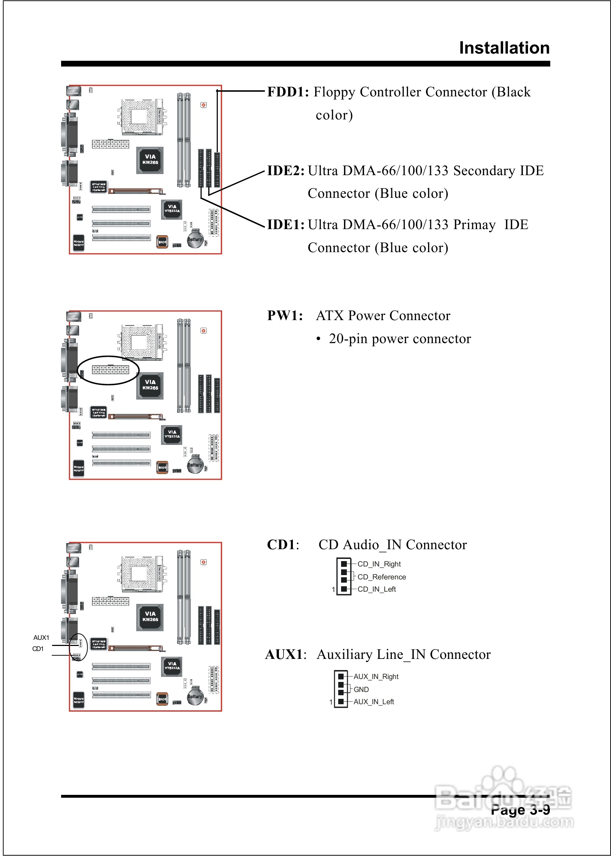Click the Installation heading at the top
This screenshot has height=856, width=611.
[x=504, y=48]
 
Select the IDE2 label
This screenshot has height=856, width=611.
[x=286, y=171]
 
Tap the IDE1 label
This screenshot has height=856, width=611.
[x=286, y=225]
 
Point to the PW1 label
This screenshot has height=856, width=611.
[x=285, y=316]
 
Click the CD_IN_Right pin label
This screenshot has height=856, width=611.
[x=379, y=564]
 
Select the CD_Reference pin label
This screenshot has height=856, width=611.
[x=381, y=577]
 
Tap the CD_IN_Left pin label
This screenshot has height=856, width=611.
[x=376, y=589]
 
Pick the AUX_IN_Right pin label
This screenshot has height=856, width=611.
[x=376, y=677]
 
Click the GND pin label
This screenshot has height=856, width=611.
[x=361, y=689]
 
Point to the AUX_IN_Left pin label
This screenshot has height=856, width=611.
[x=373, y=702]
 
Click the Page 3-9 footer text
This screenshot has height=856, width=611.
[x=520, y=810]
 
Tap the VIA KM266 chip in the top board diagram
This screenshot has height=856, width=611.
[x=150, y=160]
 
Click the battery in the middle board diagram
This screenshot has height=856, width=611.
[x=195, y=465]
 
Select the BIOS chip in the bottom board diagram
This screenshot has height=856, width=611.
[x=162, y=699]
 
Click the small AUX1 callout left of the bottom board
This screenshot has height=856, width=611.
[x=41, y=638]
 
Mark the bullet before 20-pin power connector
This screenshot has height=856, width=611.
[x=318, y=339]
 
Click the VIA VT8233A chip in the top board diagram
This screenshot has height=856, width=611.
[x=172, y=209]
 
